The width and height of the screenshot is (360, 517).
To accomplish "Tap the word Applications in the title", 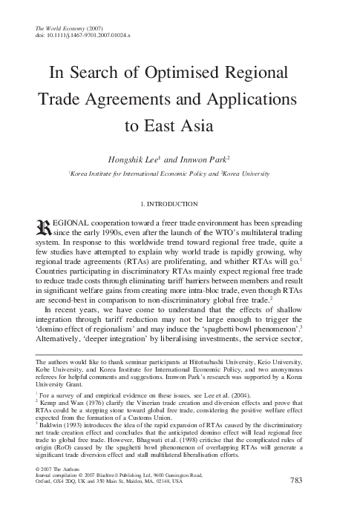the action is (x=250, y=99).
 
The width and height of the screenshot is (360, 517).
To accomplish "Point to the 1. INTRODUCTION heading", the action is (x=180, y=203).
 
